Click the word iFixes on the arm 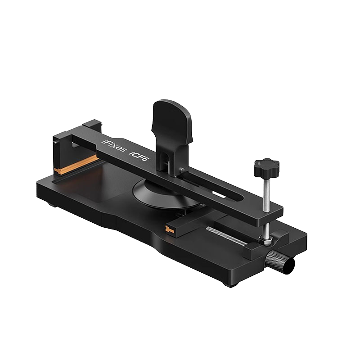[x=114, y=146]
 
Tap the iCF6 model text [x=138, y=155]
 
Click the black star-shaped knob [x=266, y=167]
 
